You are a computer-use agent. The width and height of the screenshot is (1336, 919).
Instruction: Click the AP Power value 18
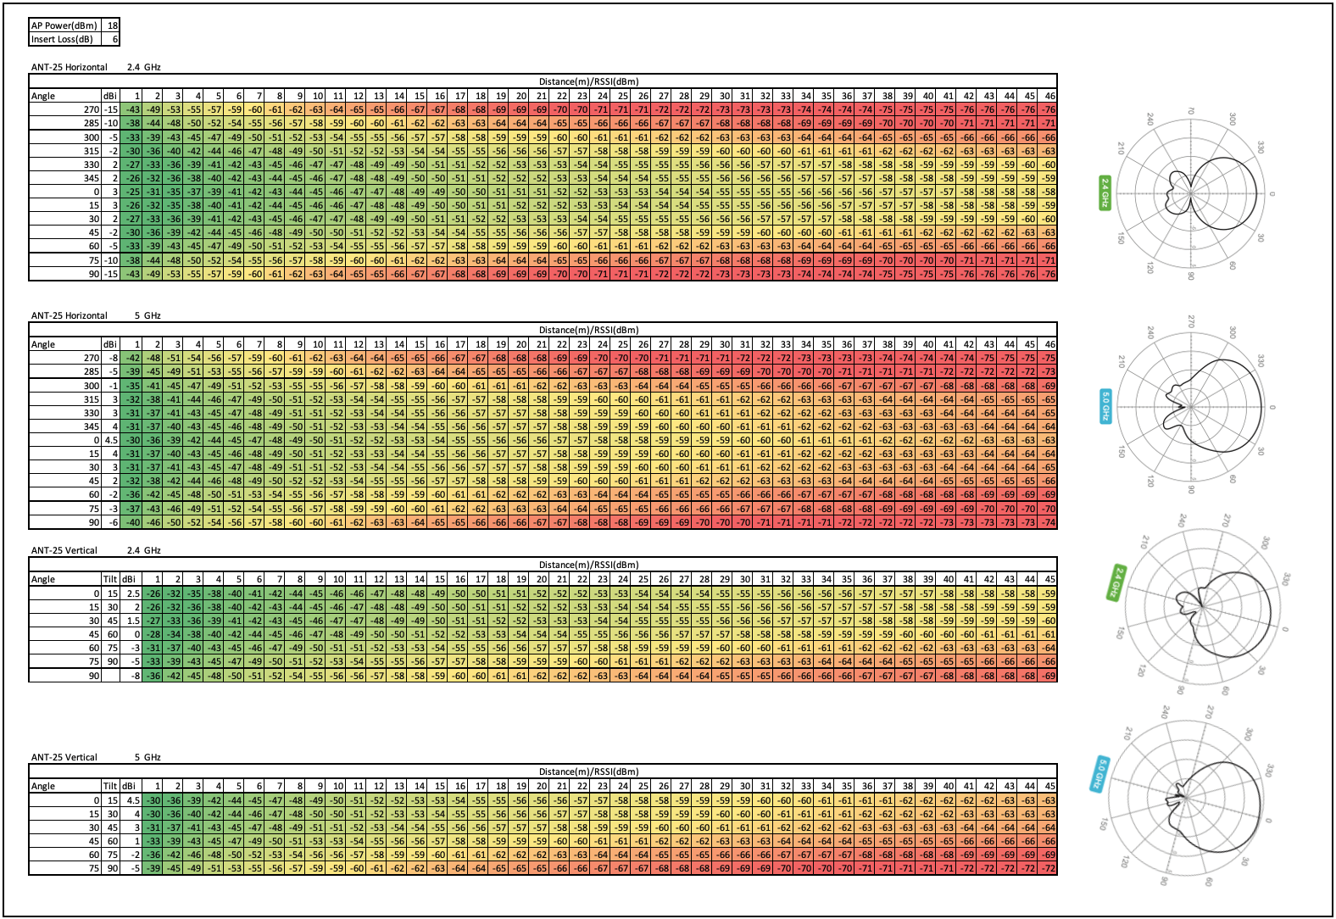click(114, 25)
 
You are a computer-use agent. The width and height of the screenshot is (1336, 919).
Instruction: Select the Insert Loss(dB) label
click(63, 39)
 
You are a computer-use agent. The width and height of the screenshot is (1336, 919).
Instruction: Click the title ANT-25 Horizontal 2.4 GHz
click(95, 67)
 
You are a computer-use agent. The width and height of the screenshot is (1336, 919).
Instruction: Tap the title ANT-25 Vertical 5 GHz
click(95, 757)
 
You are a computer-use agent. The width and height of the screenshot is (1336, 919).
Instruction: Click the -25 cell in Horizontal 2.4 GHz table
click(132, 192)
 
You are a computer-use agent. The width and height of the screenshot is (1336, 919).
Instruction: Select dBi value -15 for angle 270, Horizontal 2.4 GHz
click(111, 109)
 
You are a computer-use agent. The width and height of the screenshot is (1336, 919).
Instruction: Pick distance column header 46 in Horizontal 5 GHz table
click(1049, 344)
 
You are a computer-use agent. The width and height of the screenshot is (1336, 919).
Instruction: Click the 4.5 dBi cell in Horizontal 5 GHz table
click(111, 440)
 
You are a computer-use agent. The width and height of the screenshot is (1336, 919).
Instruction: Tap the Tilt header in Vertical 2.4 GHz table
click(110, 579)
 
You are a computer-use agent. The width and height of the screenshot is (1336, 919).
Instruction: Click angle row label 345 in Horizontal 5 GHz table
click(92, 426)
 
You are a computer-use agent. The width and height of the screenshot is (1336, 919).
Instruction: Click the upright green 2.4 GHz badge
click(1105, 193)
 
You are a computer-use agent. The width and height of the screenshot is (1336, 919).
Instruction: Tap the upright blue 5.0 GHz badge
click(1105, 406)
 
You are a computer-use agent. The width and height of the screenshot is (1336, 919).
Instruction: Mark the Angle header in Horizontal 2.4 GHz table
click(43, 96)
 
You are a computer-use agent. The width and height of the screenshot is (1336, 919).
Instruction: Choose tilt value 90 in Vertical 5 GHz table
click(111, 868)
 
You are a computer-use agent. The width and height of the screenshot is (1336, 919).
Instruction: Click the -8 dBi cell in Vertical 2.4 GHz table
click(134, 676)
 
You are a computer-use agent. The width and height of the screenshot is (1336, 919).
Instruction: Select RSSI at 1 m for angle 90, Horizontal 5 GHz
click(132, 522)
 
